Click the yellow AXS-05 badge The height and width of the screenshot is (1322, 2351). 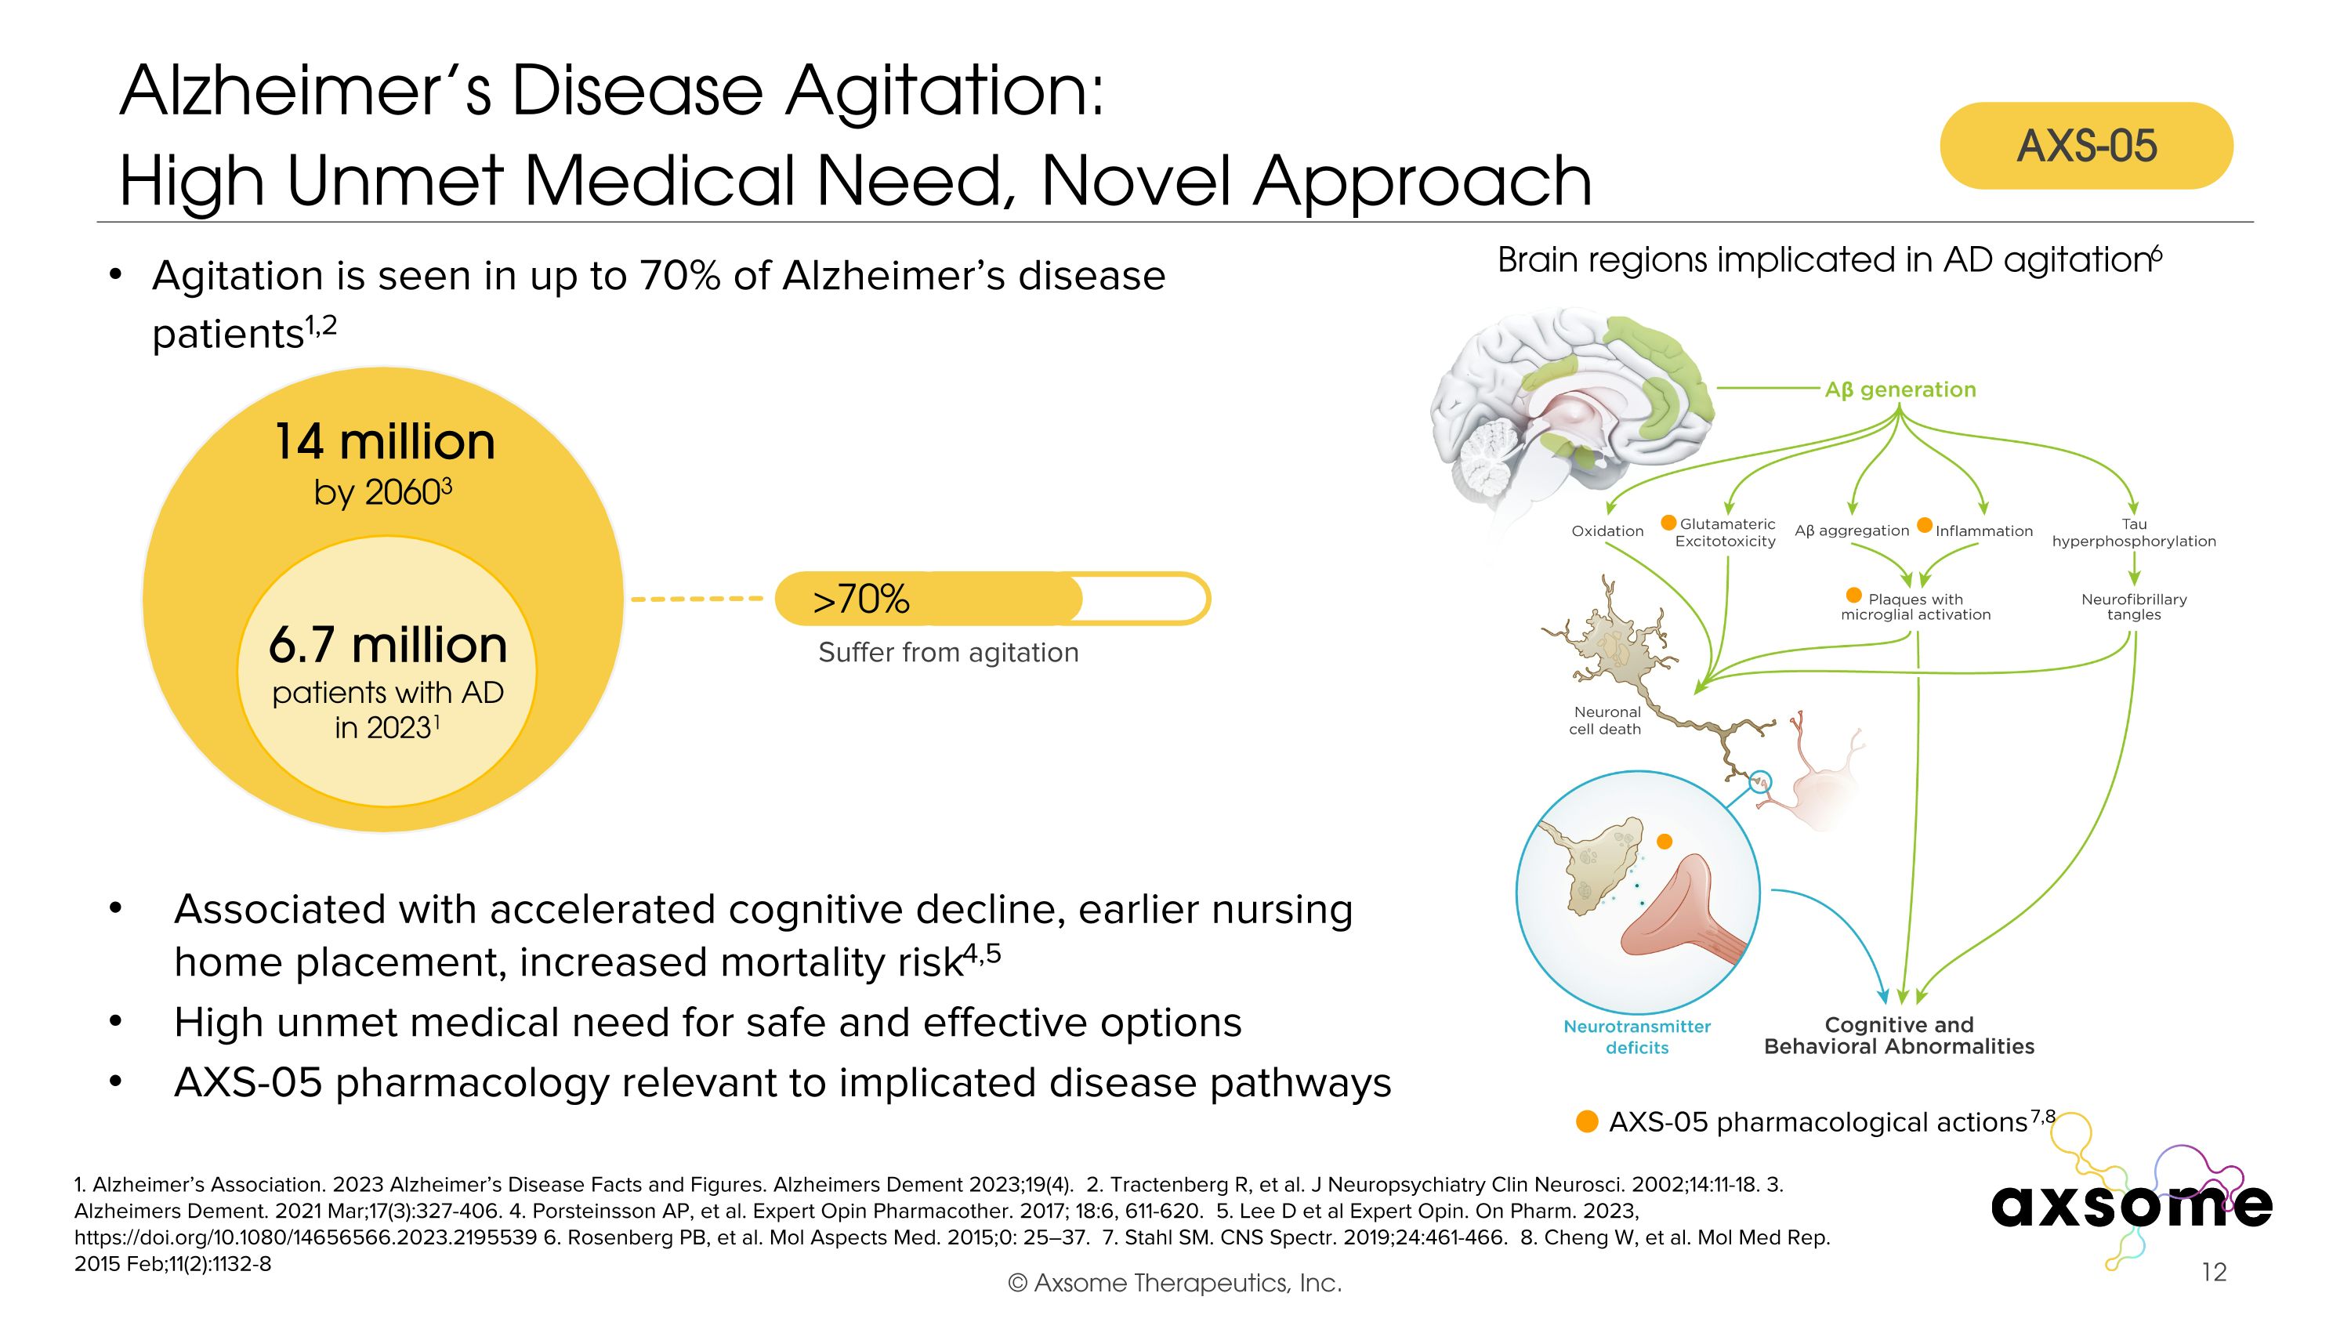[x=2085, y=146]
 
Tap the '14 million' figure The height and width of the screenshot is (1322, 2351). [x=384, y=443]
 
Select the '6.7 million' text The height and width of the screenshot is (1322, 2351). [x=388, y=645]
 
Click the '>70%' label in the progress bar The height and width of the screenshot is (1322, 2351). [x=860, y=599]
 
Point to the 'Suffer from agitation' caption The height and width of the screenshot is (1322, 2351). [x=948, y=652]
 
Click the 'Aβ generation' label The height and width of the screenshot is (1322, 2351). [x=1900, y=389]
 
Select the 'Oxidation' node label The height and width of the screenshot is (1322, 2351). [x=1607, y=531]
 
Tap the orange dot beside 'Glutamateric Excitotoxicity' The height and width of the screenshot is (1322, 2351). [x=1668, y=523]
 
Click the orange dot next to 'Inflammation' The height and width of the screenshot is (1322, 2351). [x=1925, y=524]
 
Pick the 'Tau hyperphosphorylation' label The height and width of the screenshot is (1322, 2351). [x=2133, y=533]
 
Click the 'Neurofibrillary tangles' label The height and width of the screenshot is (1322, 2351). [x=2133, y=607]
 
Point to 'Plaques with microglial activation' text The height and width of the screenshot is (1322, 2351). [x=1915, y=607]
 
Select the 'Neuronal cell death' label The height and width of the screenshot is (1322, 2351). [x=1606, y=720]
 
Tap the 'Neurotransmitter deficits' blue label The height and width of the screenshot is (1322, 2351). [x=1636, y=1037]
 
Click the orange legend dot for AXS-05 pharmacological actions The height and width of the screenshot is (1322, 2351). [x=1587, y=1121]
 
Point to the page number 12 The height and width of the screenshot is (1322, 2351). [x=2213, y=1272]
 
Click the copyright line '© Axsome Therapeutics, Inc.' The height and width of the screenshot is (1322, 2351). [x=1175, y=1283]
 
